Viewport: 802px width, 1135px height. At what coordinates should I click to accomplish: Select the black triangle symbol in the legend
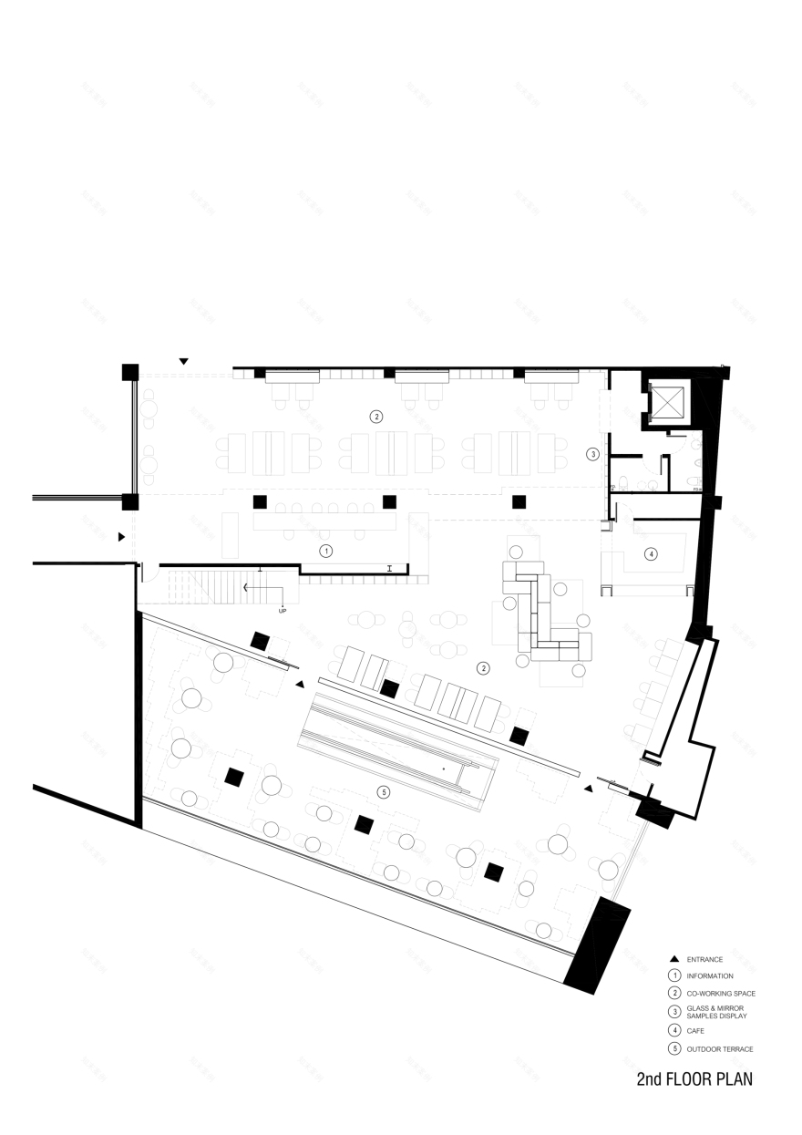tap(673, 959)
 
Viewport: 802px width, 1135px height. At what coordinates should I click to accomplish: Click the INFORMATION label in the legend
tap(710, 976)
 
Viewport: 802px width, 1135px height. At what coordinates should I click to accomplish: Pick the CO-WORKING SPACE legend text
tap(721, 993)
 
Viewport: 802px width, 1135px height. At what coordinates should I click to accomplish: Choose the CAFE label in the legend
tap(695, 1030)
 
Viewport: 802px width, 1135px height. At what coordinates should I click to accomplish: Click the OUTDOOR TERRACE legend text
tap(719, 1048)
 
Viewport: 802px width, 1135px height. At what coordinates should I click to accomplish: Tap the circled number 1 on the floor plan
tap(324, 551)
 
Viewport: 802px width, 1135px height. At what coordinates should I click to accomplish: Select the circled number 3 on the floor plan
tap(592, 453)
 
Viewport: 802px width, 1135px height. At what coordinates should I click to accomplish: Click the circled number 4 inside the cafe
tap(651, 553)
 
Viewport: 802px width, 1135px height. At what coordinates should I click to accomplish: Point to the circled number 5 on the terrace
tap(384, 792)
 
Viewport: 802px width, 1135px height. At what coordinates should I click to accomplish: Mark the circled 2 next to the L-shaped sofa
tap(484, 668)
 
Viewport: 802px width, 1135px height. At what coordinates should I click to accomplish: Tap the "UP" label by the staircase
tap(283, 610)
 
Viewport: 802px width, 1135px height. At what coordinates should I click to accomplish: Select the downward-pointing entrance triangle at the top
tap(183, 362)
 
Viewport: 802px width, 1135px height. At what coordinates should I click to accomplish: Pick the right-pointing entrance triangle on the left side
tap(120, 538)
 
